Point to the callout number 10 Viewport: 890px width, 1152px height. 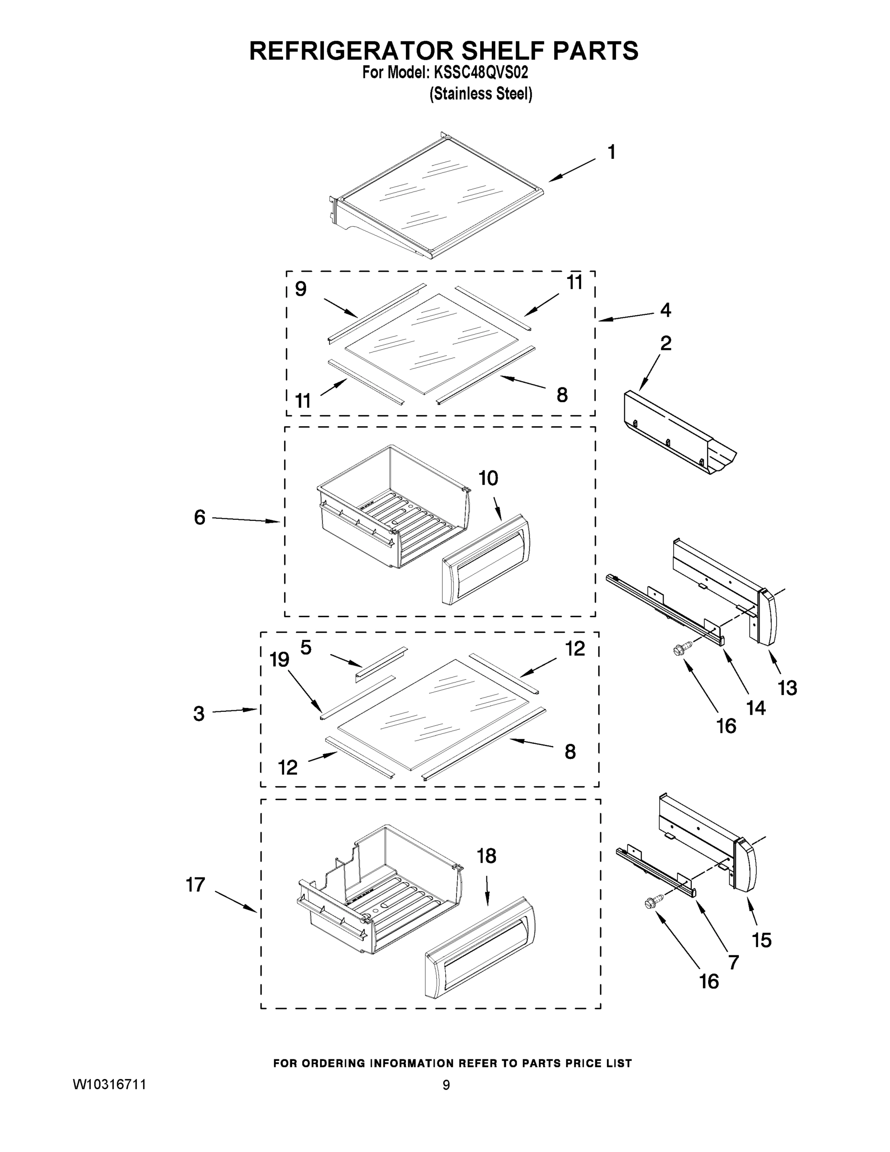488,479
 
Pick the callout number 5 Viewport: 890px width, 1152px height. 306,647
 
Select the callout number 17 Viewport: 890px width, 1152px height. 196,885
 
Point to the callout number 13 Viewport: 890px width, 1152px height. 788,688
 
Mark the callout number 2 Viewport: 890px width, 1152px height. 666,343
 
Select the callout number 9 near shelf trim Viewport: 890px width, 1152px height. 300,289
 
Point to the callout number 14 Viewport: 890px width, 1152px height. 756,708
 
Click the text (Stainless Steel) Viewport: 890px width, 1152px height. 481,94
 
